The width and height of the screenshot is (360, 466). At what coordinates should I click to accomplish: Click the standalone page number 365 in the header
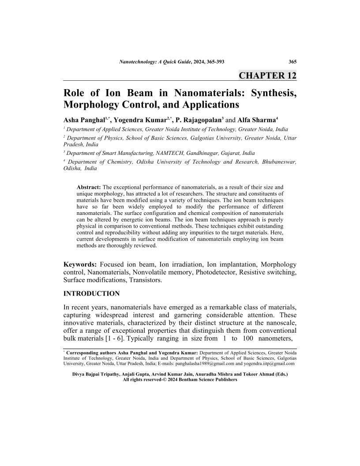pos(292,62)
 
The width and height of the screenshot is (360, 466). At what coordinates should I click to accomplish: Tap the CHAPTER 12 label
pos(267,75)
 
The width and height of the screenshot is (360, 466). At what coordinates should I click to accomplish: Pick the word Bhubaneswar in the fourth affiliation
pos(274,162)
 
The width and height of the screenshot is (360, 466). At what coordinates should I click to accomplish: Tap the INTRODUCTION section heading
pos(92,293)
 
